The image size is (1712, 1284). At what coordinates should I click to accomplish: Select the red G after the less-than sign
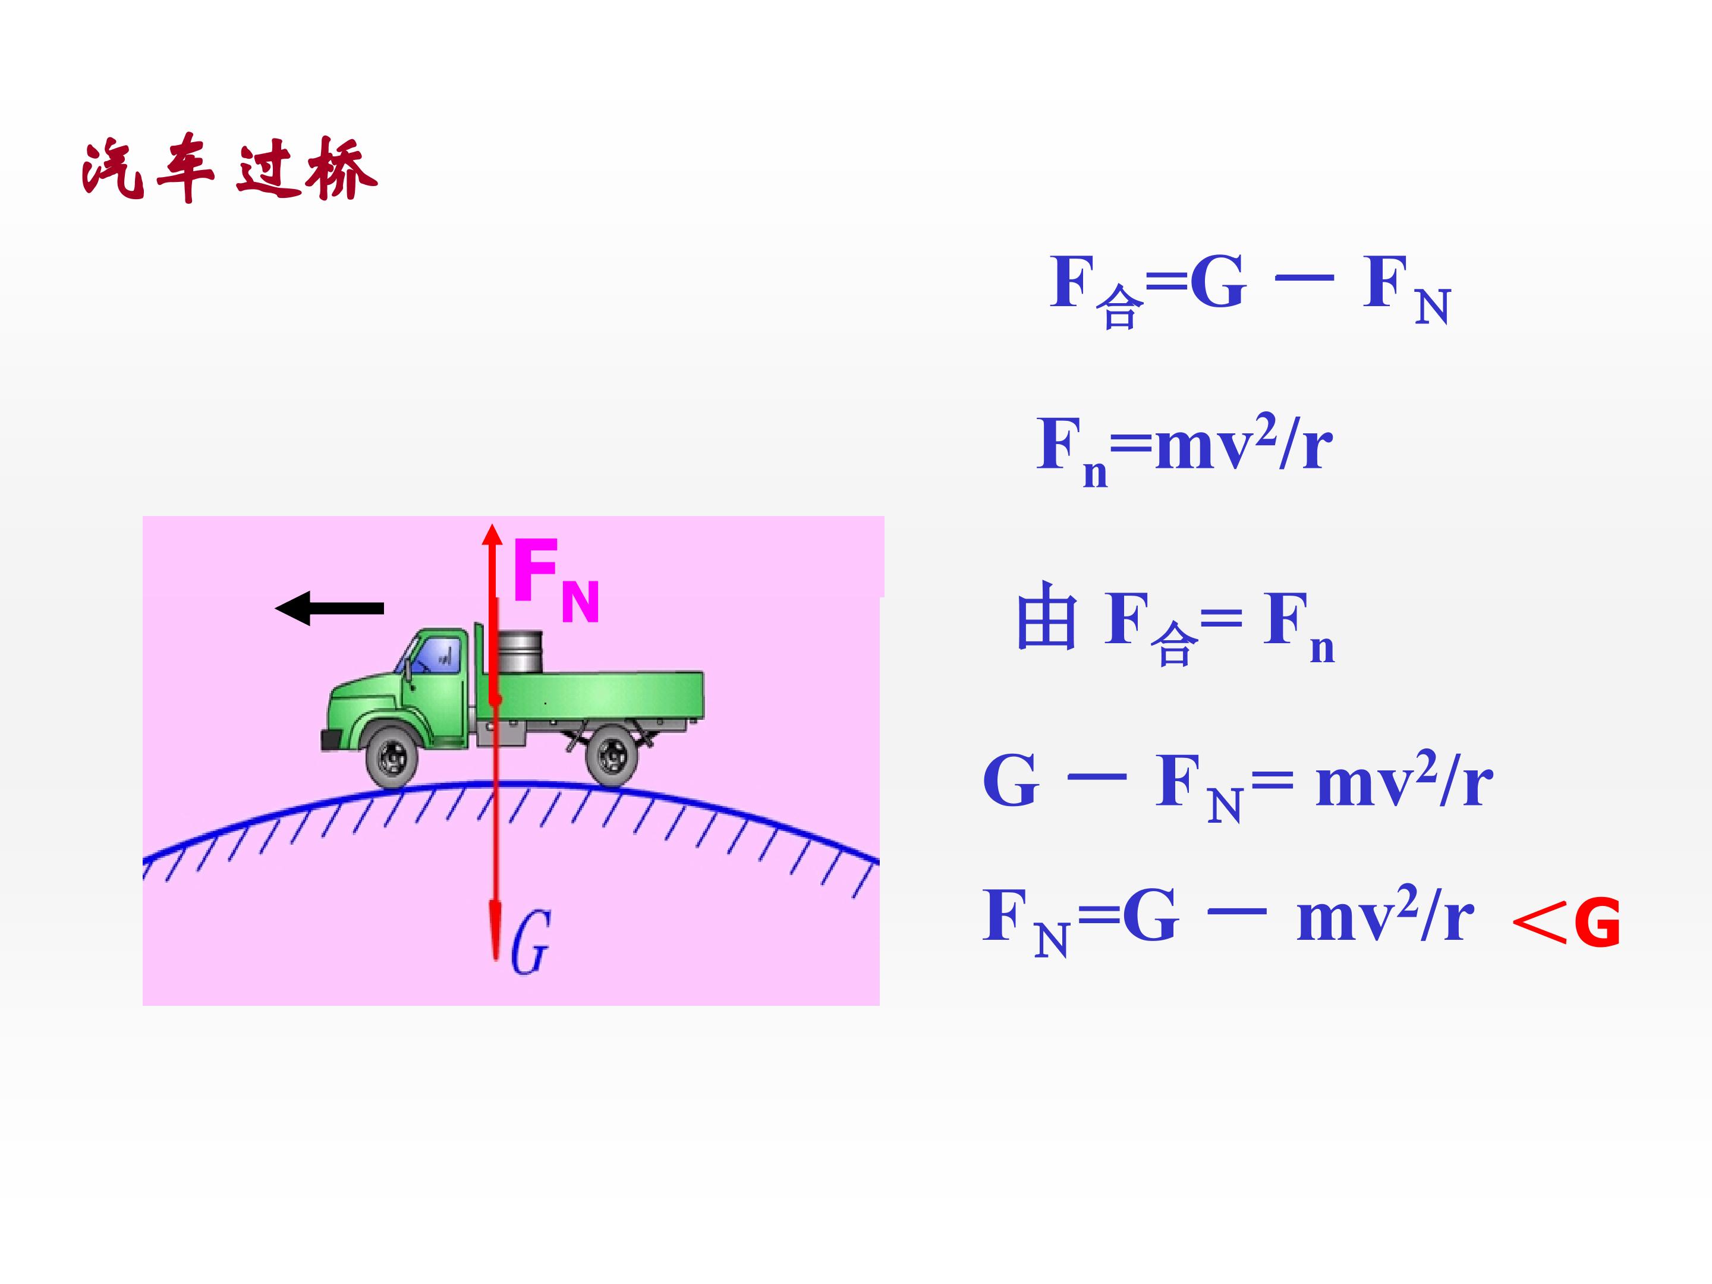[x=1597, y=923]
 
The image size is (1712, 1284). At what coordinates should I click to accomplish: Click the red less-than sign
[x=1538, y=923]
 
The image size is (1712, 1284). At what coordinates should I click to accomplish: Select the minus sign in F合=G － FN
[x=1304, y=277]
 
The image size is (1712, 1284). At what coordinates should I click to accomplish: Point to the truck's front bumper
[x=333, y=740]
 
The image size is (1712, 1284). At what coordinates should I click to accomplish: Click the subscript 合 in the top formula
[x=1119, y=307]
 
